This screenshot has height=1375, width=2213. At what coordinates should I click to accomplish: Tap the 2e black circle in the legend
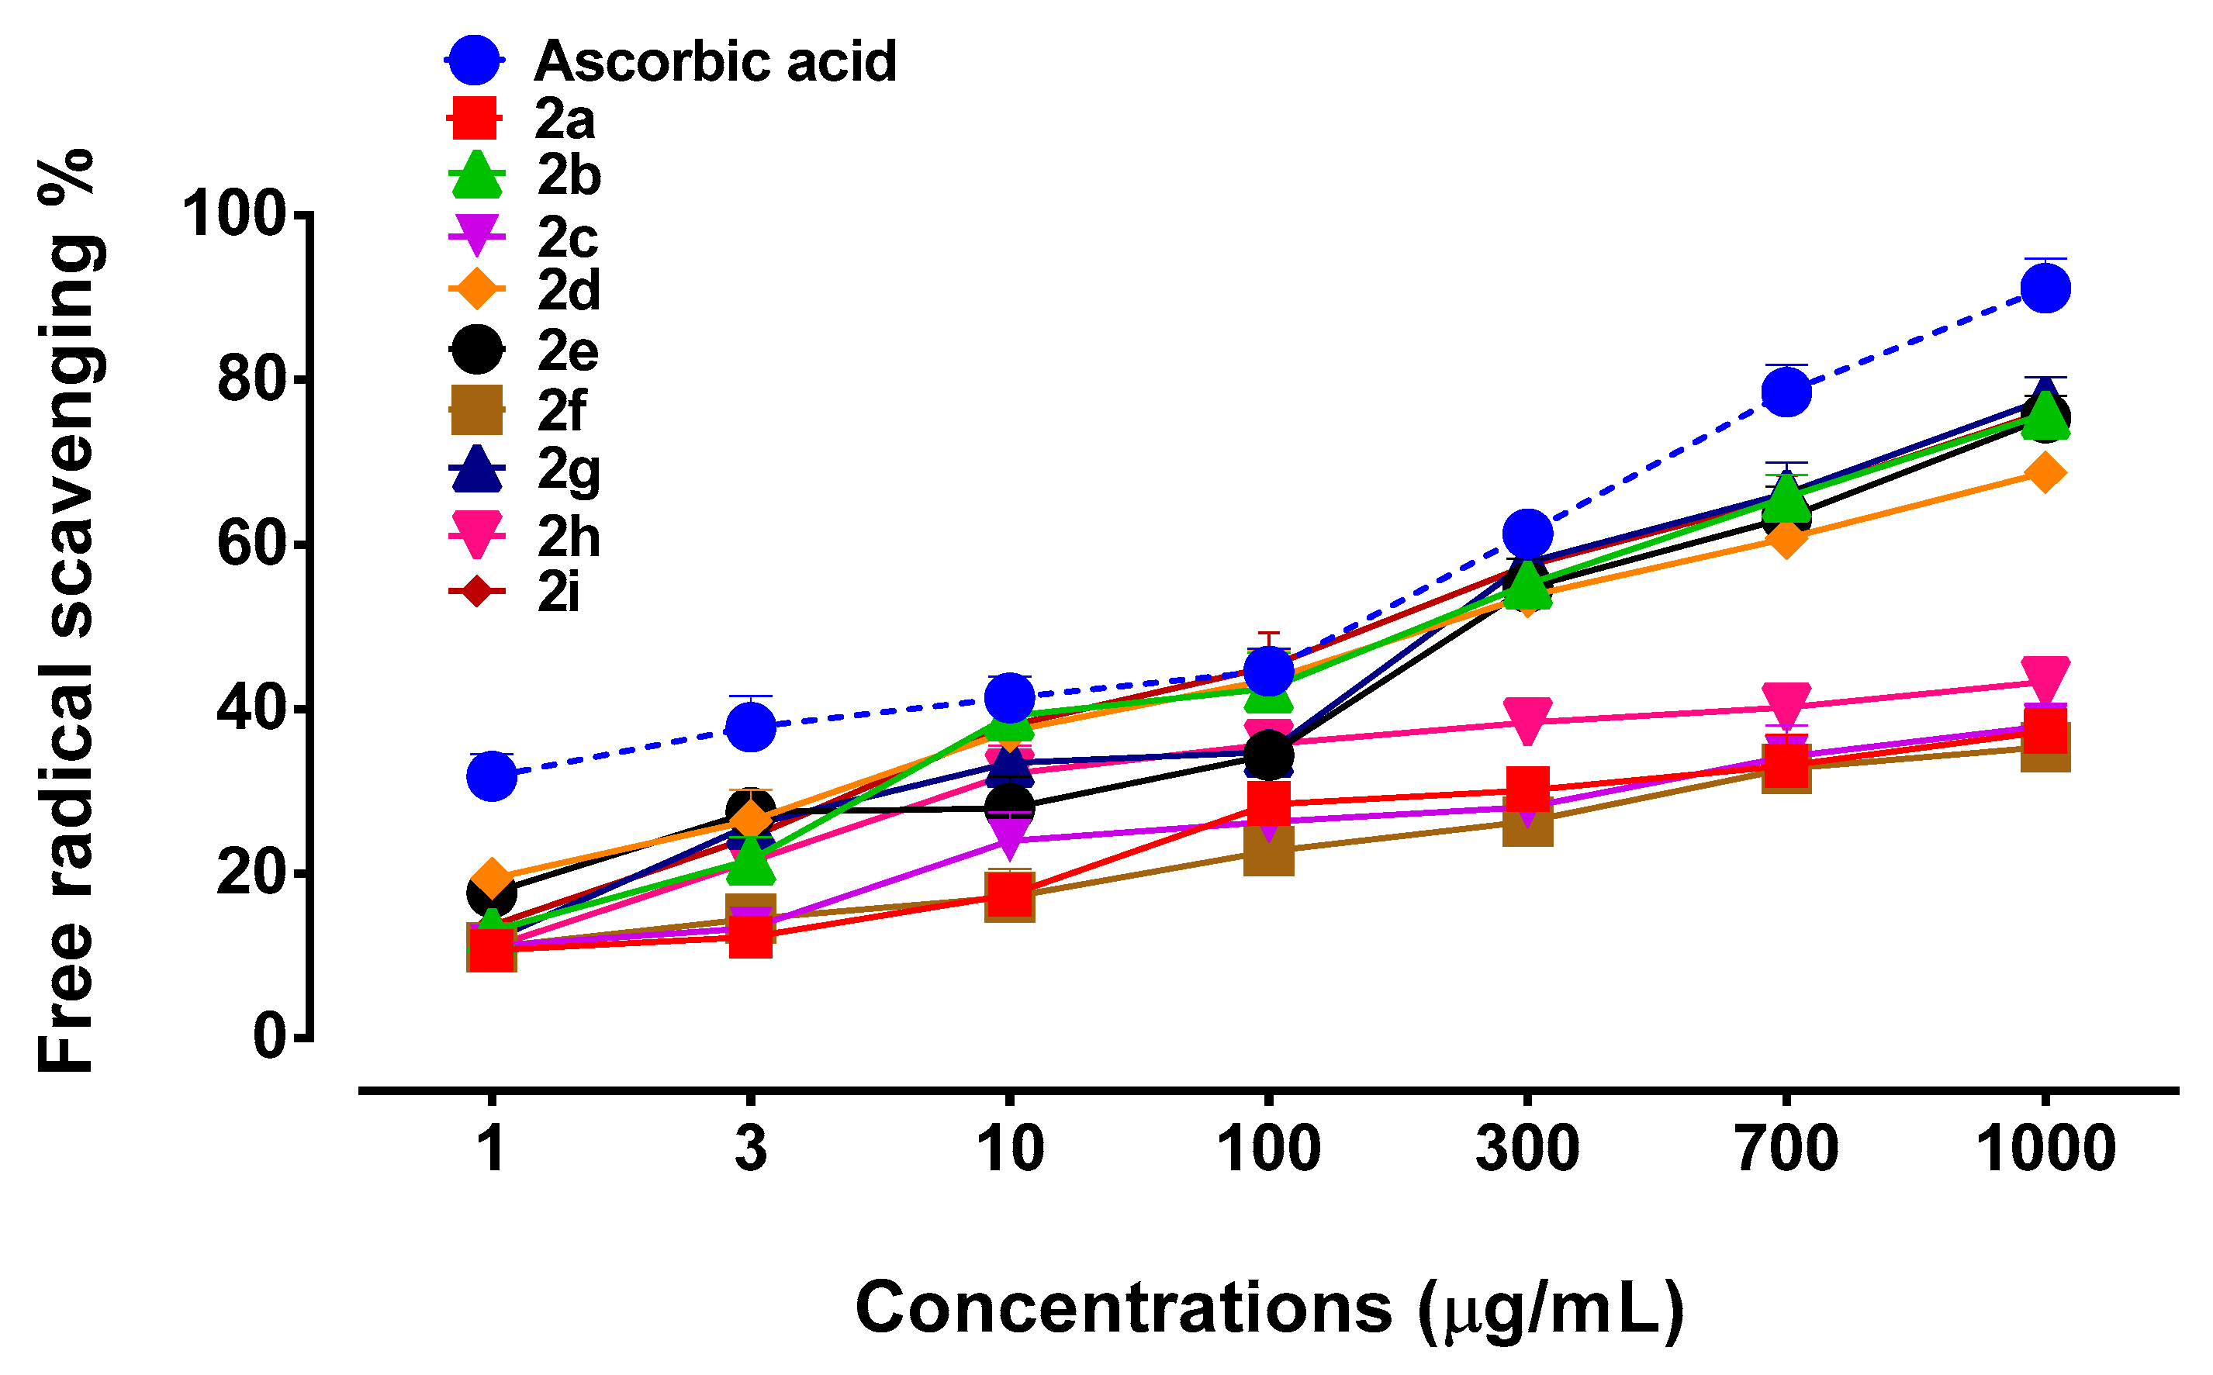(x=476, y=349)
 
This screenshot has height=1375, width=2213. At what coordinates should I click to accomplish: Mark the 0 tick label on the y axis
(x=269, y=1036)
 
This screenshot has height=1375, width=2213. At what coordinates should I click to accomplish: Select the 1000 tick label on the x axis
(x=2045, y=1149)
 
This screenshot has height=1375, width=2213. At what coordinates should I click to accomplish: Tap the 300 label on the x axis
(x=1527, y=1149)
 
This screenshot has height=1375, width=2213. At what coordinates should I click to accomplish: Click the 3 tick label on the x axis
(x=750, y=1149)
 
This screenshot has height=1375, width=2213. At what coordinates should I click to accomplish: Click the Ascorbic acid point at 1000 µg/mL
(x=2045, y=289)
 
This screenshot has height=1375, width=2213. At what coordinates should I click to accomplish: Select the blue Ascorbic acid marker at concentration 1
(x=492, y=776)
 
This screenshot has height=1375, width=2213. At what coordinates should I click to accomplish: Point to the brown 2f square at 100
(x=1269, y=853)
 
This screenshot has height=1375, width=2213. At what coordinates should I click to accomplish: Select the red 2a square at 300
(x=1528, y=787)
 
